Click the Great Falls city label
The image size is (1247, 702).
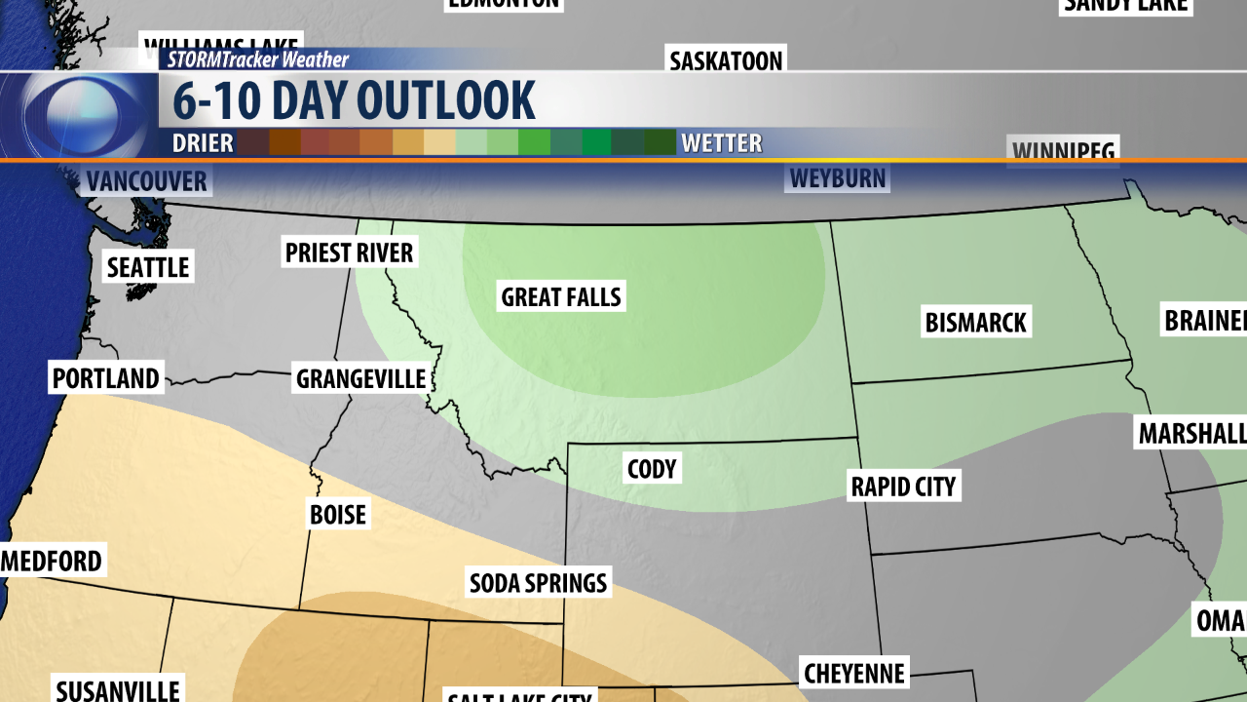[561, 296]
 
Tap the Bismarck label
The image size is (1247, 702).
[975, 322]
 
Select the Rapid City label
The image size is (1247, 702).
[903, 486]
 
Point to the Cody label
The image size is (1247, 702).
[652, 469]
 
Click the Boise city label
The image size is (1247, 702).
[337, 514]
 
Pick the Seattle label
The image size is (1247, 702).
[148, 266]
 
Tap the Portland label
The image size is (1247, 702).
[106, 378]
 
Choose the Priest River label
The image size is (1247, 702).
[349, 253]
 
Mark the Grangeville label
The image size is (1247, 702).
[360, 378]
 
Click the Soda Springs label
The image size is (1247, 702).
[538, 583]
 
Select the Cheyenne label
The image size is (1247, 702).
[854, 673]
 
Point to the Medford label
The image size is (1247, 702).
[53, 562]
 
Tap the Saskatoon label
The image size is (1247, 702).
[726, 60]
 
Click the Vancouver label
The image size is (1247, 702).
[146, 181]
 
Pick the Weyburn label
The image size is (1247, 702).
[838, 178]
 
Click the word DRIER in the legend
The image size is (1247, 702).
[203, 143]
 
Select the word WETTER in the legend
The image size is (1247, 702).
[721, 143]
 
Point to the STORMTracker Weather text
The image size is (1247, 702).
[257, 59]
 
